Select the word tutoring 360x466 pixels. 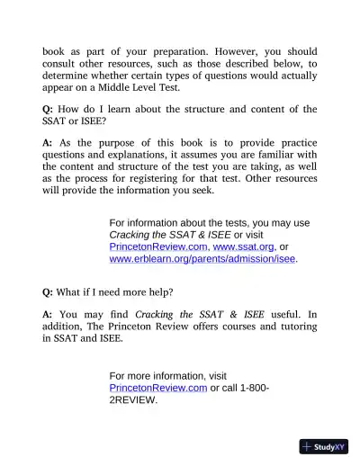point(295,327)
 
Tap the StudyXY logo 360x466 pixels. point(323,445)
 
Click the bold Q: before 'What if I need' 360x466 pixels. point(49,291)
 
